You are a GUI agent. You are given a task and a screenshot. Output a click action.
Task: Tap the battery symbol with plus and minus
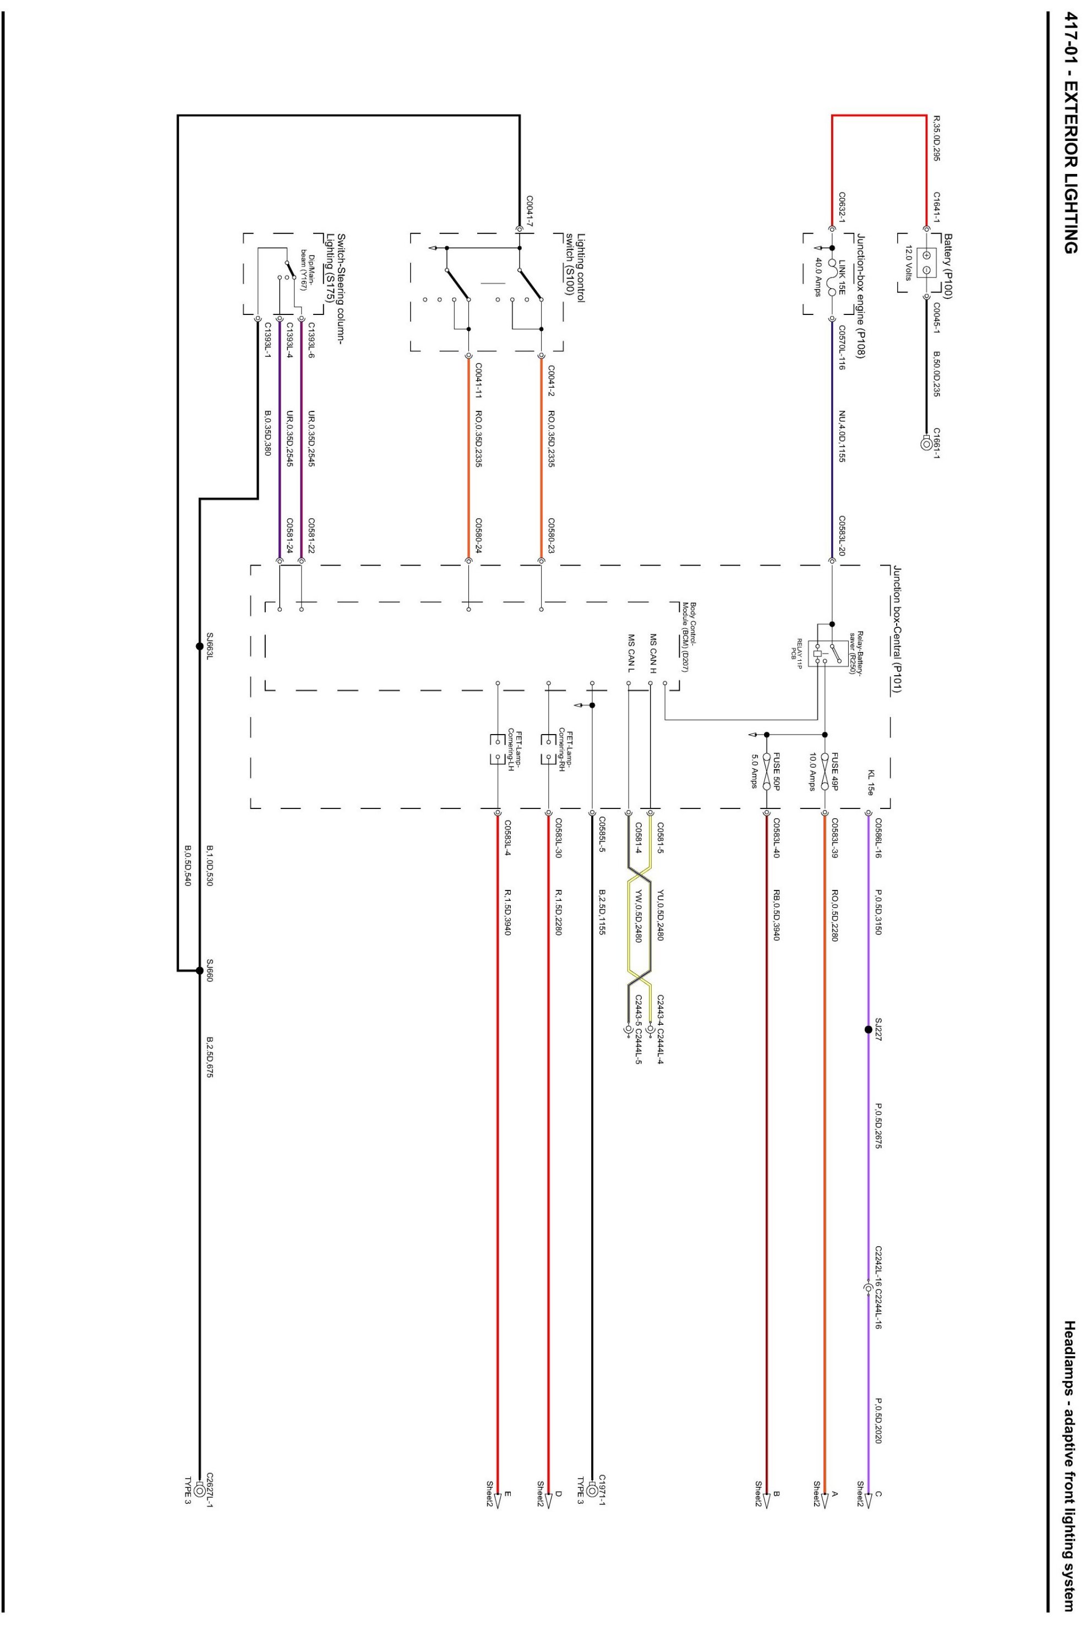[926, 262]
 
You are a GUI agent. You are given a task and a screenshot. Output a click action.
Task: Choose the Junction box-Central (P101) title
[897, 629]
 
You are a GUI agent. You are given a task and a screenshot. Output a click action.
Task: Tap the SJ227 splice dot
[868, 1029]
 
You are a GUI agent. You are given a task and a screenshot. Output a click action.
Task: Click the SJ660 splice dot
[200, 970]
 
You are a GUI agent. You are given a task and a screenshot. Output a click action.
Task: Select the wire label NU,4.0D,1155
[841, 437]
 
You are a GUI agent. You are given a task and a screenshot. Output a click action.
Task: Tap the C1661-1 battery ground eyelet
[926, 443]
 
